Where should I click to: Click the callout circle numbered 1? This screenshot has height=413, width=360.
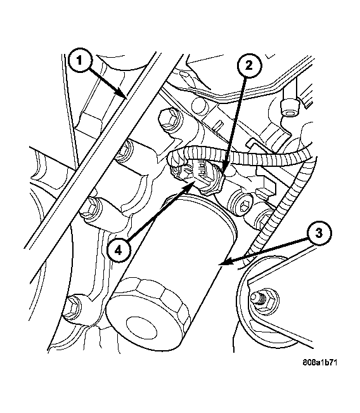point(79,61)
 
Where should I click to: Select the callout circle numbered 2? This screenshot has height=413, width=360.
point(249,65)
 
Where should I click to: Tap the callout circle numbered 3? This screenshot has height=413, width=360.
point(319,233)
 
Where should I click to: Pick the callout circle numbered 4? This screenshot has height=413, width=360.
point(119,251)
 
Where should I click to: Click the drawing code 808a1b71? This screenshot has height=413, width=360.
point(319,362)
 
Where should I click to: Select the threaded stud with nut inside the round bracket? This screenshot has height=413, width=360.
point(264,301)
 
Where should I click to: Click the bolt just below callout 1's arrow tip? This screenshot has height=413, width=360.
point(170,120)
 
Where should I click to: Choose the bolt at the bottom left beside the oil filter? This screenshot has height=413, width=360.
point(73,307)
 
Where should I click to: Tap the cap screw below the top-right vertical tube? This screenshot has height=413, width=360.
point(290,107)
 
